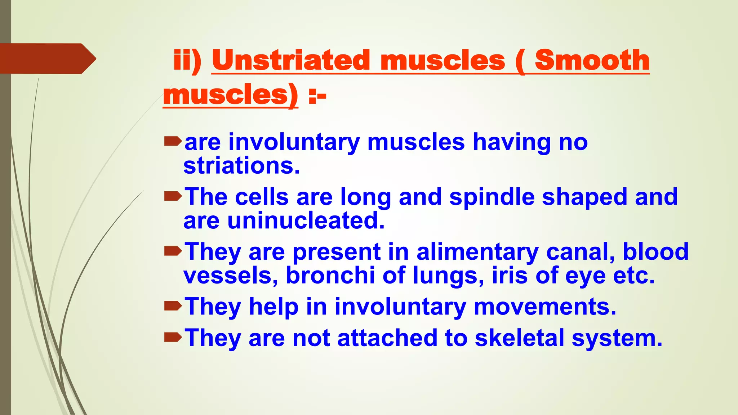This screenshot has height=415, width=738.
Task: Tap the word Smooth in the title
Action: (592, 60)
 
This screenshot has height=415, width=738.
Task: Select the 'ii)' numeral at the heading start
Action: (187, 60)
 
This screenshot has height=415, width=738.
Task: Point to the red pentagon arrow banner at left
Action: (47, 58)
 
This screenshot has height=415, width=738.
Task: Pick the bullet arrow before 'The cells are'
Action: (173, 196)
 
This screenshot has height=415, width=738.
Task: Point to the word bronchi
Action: (330, 276)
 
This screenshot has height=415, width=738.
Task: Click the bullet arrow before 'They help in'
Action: (173, 306)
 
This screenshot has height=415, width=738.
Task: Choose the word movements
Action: (545, 307)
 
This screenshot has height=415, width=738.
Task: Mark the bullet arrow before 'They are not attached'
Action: (173, 338)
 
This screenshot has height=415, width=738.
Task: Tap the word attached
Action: (387, 338)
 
